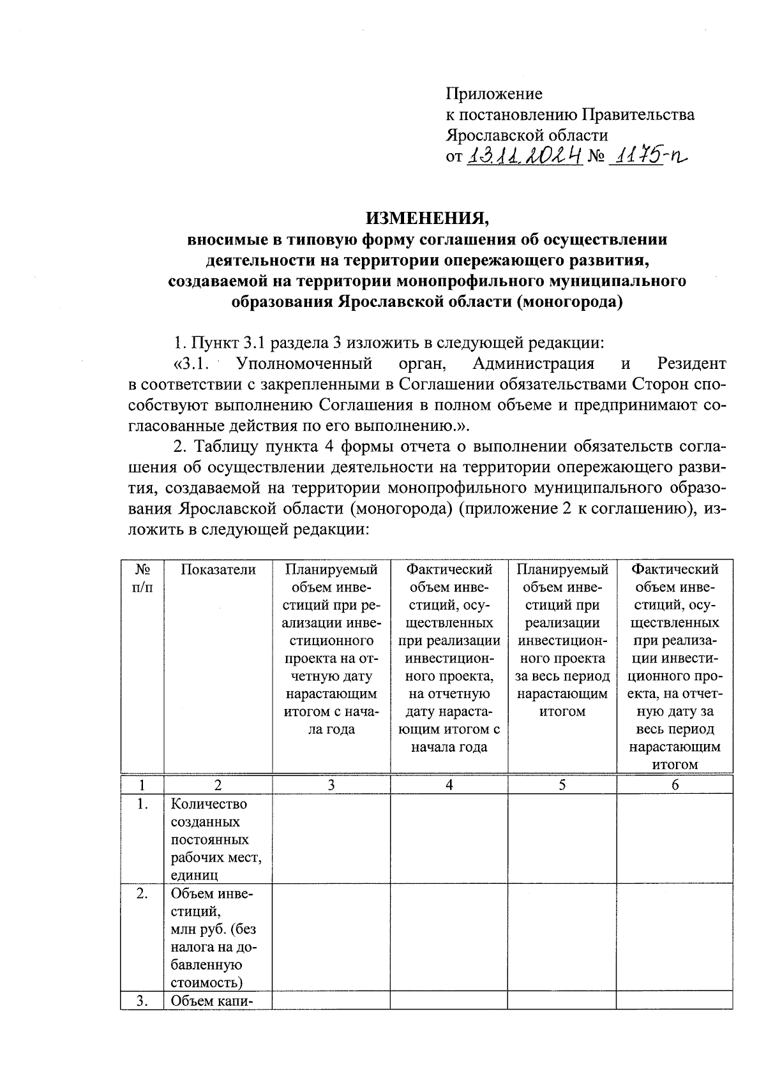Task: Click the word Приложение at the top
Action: (x=493, y=94)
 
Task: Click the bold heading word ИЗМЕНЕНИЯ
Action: (x=426, y=218)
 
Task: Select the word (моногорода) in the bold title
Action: (x=569, y=301)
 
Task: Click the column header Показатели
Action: (x=218, y=569)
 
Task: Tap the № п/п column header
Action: (x=142, y=578)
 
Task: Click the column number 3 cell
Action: (x=331, y=785)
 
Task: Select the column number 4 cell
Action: (x=449, y=785)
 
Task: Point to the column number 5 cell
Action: (x=562, y=785)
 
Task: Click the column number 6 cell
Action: (x=674, y=785)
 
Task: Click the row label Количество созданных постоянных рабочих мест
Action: (x=216, y=839)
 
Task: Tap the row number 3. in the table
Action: (x=142, y=1001)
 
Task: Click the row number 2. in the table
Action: (x=142, y=893)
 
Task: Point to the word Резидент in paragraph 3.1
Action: (x=691, y=364)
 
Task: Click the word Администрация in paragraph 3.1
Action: (x=534, y=364)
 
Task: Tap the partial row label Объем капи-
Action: (x=213, y=1001)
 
